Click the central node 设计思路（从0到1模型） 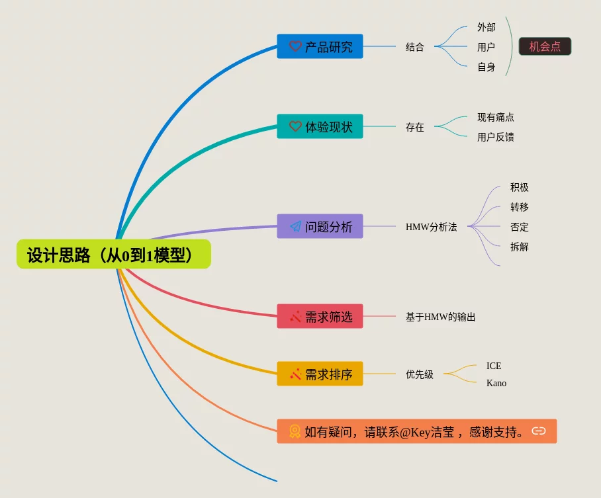point(113,255)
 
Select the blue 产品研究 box point(320,47)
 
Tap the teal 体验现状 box point(320,126)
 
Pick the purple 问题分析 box point(320,226)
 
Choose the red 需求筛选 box point(320,316)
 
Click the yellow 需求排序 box point(320,374)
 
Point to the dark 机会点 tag point(545,46)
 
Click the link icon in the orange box point(539,431)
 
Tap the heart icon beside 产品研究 point(295,47)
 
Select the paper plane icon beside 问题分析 point(295,226)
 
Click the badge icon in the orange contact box point(295,431)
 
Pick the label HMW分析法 point(431,227)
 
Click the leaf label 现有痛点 point(495,117)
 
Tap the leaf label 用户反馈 point(495,137)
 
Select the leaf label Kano point(496,383)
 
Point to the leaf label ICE point(494,366)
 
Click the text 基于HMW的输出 point(440,317)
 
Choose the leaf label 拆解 point(519,247)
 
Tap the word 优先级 point(419,374)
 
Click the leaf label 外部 point(486,27)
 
